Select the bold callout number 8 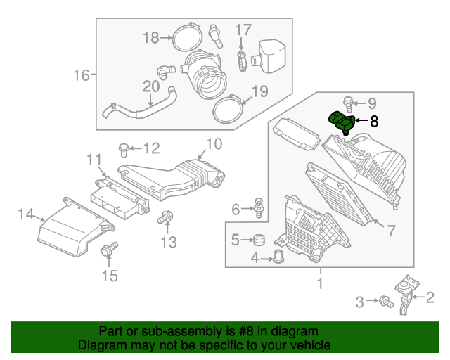373,122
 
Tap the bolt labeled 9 349,103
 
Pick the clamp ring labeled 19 228,109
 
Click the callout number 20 151,86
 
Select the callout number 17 243,30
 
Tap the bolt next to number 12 124,148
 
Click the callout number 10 214,144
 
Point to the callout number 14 26,214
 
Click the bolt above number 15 110,250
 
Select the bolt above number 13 167,217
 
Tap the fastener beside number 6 258,206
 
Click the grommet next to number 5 258,238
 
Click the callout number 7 392,229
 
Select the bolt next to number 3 384,302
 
